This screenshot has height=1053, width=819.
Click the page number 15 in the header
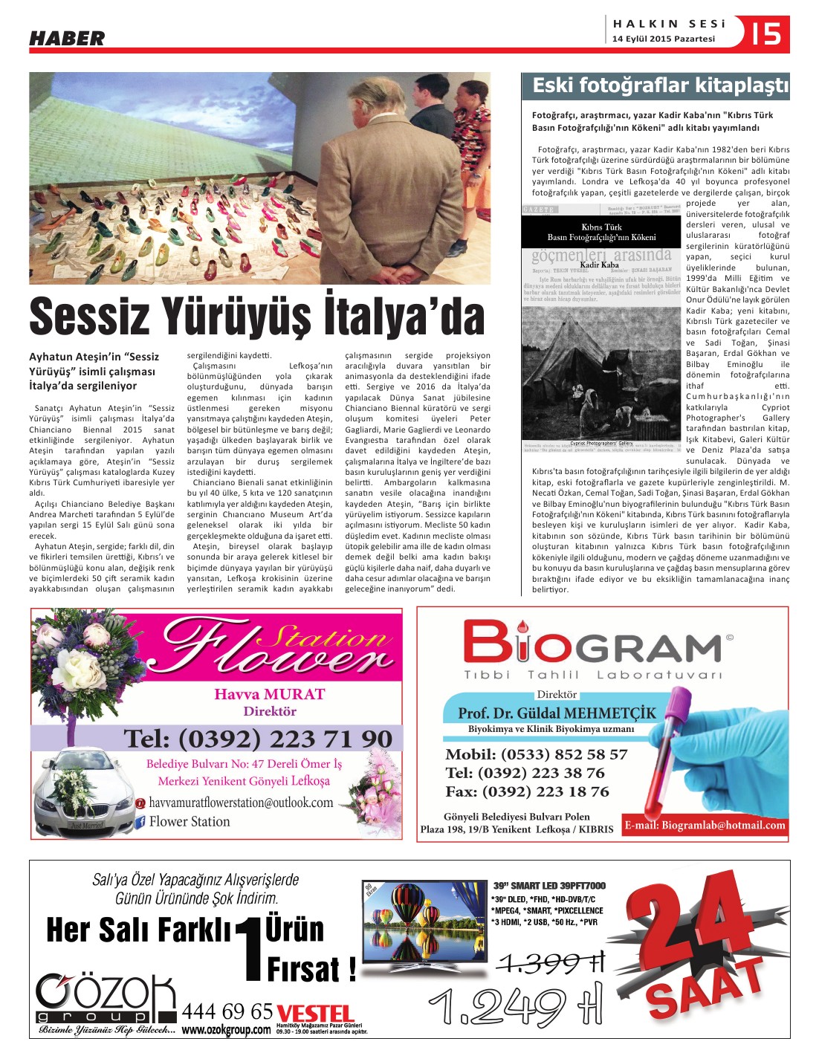(766, 34)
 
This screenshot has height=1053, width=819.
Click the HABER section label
(67, 38)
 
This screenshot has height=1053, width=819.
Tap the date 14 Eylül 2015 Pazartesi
(664, 39)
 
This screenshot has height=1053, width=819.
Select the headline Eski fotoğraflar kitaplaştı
(660, 85)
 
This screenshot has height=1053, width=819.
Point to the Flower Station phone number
(258, 739)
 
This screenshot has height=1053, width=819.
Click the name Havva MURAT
(270, 694)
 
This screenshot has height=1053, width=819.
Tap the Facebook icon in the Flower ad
(139, 822)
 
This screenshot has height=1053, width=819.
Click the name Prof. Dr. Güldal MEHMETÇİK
(557, 713)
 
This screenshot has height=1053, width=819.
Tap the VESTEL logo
(314, 1014)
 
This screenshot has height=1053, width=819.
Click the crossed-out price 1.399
(551, 963)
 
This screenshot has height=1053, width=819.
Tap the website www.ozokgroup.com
(226, 1030)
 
